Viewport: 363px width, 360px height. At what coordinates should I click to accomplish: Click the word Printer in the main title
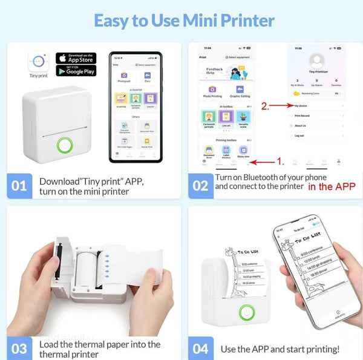pos(237,20)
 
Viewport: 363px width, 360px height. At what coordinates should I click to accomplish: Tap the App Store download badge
pos(76,58)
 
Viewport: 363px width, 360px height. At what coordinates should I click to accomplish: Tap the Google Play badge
pos(76,71)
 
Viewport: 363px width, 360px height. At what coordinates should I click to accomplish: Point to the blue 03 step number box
pos(19,348)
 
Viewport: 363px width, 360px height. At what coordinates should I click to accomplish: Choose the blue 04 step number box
pos(200,349)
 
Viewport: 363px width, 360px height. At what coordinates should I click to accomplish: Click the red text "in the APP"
pos(332,186)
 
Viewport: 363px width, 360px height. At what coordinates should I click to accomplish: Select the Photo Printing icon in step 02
pos(211,90)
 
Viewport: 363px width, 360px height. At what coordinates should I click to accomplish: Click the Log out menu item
pos(300,136)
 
